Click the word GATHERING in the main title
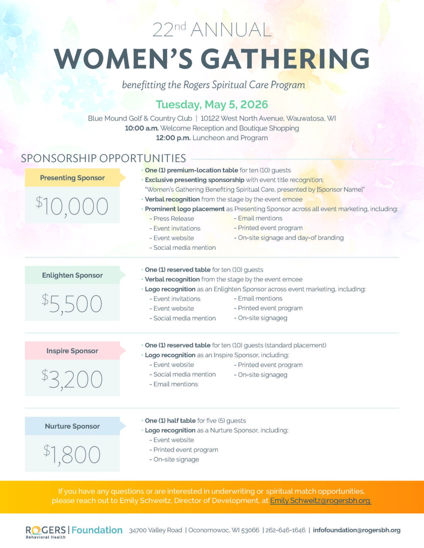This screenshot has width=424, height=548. click(285, 59)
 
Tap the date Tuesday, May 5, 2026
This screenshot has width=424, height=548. click(212, 104)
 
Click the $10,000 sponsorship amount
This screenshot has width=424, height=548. click(72, 206)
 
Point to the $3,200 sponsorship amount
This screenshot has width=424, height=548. click(72, 379)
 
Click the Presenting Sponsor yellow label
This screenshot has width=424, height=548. click(72, 178)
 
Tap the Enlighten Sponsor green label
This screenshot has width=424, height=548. click(72, 275)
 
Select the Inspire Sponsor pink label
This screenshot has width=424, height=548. click(72, 351)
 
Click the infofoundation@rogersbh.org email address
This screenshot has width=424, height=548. click(356, 530)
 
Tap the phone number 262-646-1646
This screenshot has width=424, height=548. click(286, 530)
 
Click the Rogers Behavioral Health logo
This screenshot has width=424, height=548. click(46, 532)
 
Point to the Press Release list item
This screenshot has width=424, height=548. click(173, 219)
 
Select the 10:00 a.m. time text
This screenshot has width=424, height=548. click(142, 128)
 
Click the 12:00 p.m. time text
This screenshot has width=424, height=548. click(173, 138)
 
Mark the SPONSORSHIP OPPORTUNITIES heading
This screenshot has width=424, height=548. click(103, 158)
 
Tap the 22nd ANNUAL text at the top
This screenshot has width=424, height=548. click(212, 30)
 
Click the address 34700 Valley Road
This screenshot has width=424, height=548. click(156, 530)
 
